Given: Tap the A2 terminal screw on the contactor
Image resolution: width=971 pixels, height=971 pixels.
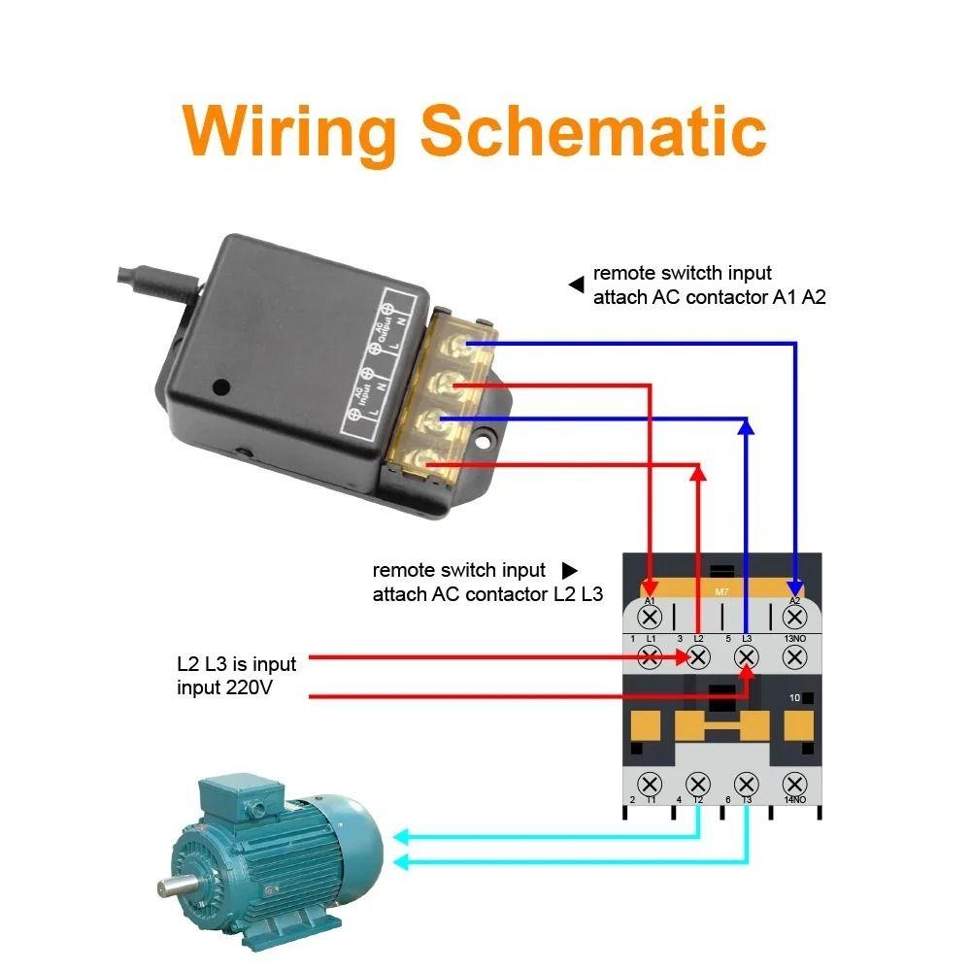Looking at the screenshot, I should point(795,617).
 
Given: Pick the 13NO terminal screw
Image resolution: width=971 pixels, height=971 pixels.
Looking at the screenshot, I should point(795,657).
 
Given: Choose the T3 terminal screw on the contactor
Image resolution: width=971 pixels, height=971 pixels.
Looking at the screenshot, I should point(747,784).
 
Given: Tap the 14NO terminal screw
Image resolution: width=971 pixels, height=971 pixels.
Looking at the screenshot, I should point(795,784).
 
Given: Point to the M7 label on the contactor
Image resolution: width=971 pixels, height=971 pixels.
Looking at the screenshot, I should point(721,591).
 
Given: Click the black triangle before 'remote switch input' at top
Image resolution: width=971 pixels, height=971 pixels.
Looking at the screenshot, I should point(576,285).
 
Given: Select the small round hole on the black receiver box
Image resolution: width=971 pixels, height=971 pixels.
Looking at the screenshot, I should point(221,386).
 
